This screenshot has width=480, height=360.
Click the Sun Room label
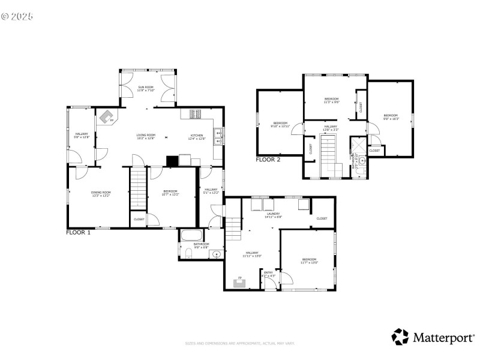click(146, 89)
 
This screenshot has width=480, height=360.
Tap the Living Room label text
click(146, 137)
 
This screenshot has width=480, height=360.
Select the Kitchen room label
click(197, 137)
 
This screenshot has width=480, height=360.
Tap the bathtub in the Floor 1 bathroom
click(193, 235)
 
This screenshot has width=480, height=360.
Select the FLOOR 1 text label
click(78, 232)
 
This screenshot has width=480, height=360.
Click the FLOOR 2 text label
click(268, 160)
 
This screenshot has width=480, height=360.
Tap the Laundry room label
click(274, 215)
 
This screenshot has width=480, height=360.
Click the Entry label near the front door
click(269, 274)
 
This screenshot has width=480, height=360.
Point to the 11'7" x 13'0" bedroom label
click(309, 261)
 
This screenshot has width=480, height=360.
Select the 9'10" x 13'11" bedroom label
click(280, 125)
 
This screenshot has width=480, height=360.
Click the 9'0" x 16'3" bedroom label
click(391, 116)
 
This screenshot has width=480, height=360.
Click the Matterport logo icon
click(400, 337)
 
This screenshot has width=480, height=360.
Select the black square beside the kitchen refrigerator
click(172, 160)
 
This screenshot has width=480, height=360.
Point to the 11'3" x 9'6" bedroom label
click(332, 100)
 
